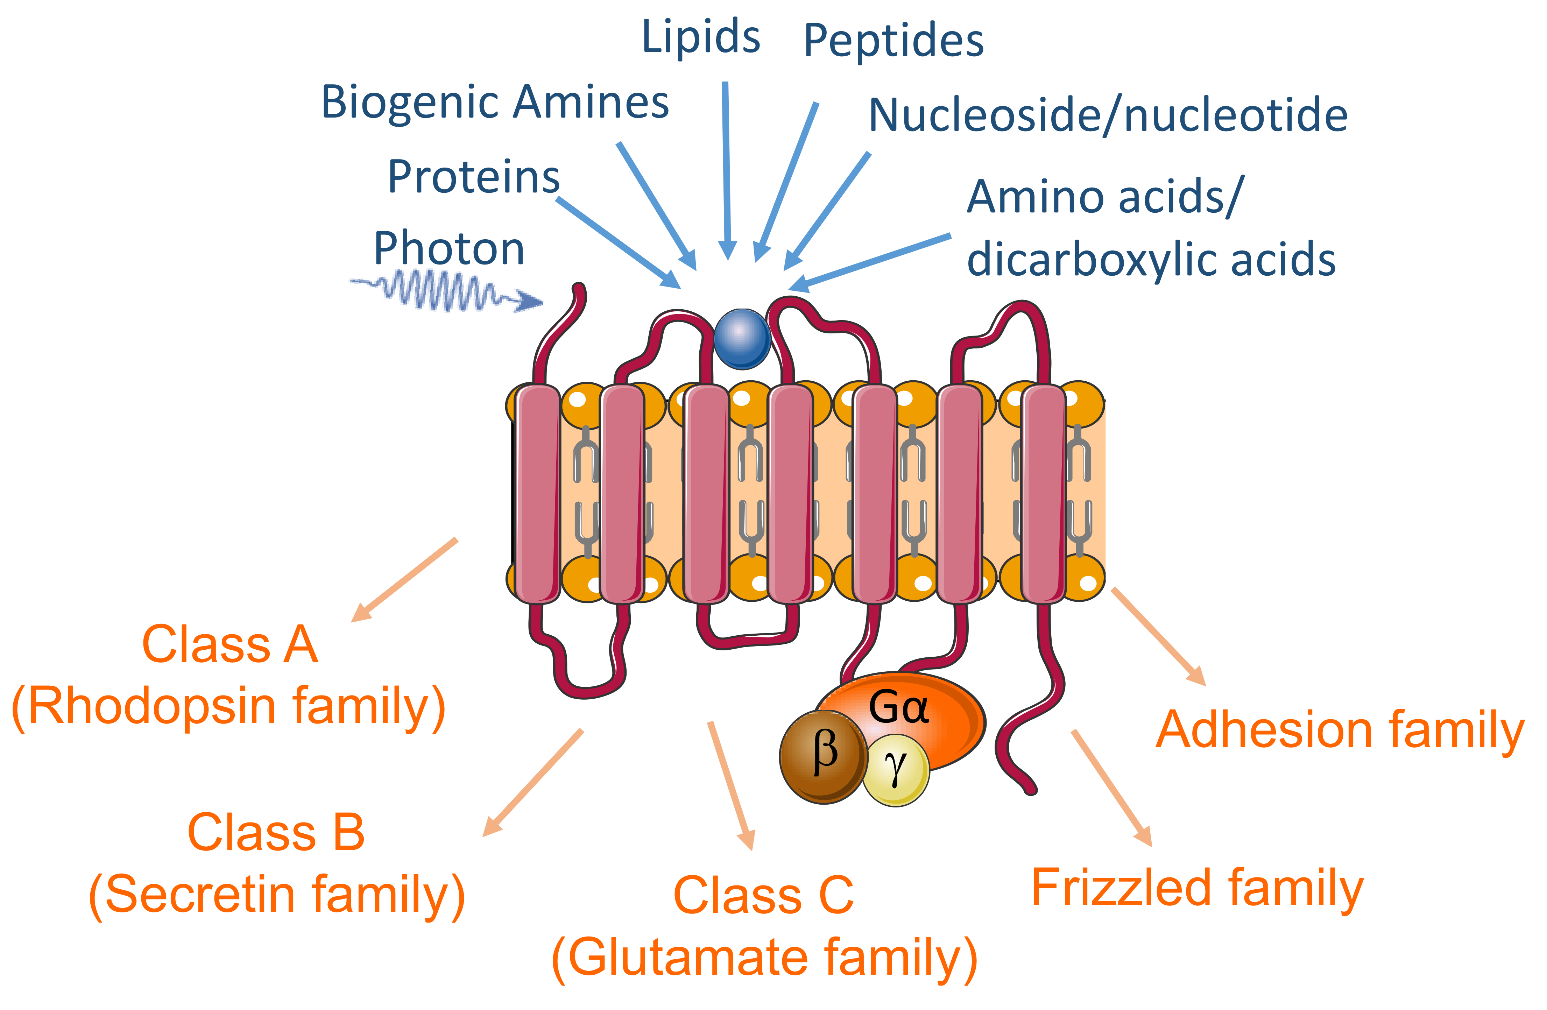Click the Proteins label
(473, 177)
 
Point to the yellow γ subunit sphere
(896, 770)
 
